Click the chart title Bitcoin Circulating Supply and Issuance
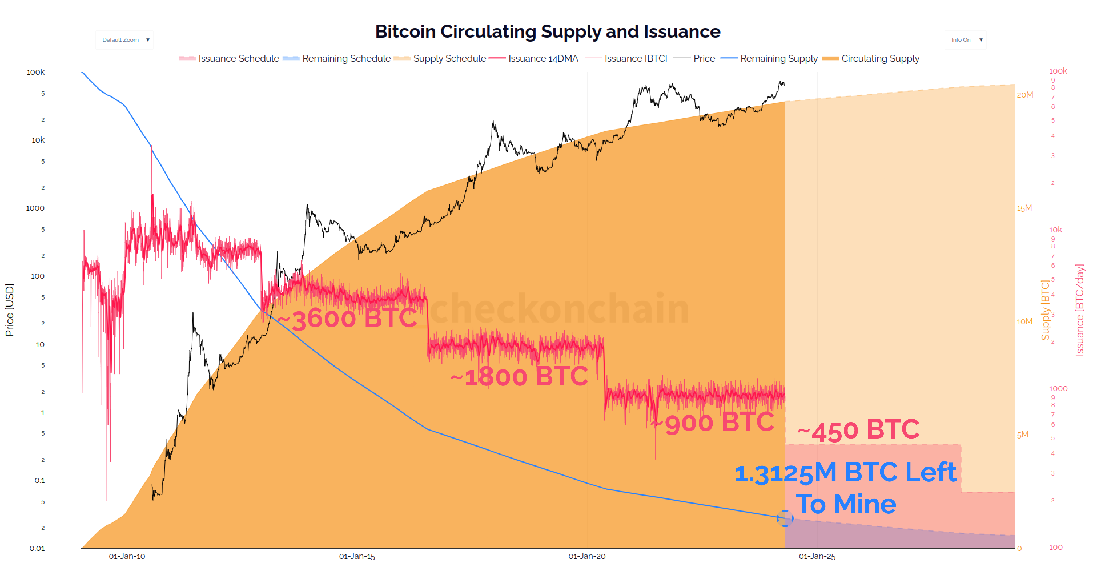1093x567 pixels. [x=547, y=31]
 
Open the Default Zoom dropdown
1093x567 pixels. [x=124, y=40]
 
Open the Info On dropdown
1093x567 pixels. [x=965, y=40]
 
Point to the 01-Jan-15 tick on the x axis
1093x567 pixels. [x=357, y=556]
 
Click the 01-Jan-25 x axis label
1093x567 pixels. [x=817, y=556]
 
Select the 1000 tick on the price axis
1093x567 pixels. [x=35, y=208]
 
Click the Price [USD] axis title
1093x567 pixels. [x=9, y=310]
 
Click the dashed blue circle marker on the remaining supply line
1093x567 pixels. [x=785, y=518]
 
